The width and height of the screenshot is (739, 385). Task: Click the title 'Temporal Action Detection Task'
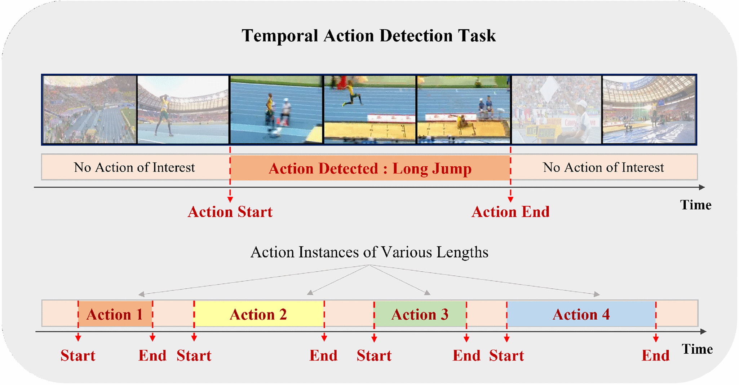point(369,36)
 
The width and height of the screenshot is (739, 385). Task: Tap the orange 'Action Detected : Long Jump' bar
point(370,168)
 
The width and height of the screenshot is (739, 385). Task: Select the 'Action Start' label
point(230,212)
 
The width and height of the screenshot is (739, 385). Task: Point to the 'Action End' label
point(510,212)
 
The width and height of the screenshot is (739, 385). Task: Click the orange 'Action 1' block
point(115,314)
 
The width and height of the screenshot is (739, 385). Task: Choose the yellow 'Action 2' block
point(259,314)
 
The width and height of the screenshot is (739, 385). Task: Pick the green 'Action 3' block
point(420,314)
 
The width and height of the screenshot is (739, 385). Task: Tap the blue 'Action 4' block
point(581,314)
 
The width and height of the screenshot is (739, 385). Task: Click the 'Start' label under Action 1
point(78,356)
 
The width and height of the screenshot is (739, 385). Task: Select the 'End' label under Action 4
point(655,356)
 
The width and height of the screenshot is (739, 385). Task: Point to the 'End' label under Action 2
point(323,356)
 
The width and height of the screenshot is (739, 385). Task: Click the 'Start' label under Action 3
point(374,356)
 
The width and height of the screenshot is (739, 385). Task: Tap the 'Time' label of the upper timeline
point(696,205)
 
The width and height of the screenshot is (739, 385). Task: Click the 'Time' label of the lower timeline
point(697,349)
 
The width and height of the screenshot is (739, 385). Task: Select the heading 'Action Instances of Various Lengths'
point(369,252)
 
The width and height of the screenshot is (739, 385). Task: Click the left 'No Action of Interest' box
point(136,167)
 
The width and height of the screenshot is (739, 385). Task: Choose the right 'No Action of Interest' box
point(604,167)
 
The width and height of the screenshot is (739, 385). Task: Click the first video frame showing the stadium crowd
point(89,109)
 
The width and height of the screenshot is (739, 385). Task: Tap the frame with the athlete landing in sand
point(464,109)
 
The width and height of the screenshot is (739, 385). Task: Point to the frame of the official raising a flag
point(557,109)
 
